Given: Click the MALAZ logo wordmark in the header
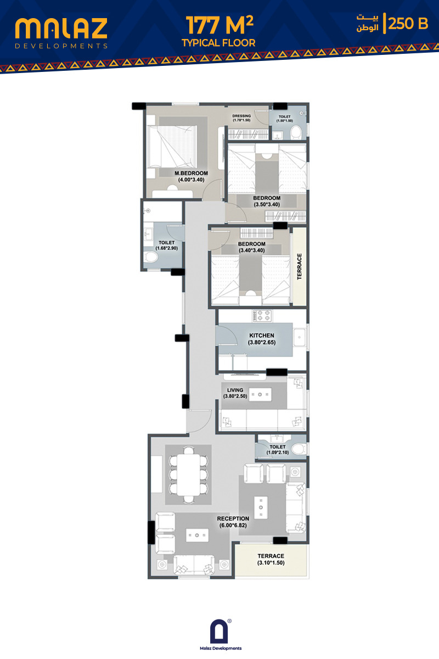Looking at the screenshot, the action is point(61,29).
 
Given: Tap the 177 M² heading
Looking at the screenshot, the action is point(219,25).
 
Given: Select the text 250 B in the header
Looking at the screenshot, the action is point(408,24).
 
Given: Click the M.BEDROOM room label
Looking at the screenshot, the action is point(191,174).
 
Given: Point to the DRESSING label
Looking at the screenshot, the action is point(241,116).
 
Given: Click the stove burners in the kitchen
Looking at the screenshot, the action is point(262,315).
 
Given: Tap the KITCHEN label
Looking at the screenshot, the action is point(262,336).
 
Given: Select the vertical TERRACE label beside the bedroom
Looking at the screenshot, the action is point(299,266).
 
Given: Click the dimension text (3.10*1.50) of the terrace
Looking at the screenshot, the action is point(271,563).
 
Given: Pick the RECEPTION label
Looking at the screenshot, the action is point(233,518).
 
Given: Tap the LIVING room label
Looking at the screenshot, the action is point(235,390).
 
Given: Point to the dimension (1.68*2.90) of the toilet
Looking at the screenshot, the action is point(166,248).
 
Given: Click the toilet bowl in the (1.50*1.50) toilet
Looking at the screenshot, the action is point(296,132).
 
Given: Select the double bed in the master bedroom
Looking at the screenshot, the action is point(172,147).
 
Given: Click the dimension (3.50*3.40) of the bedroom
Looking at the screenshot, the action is point(267,204).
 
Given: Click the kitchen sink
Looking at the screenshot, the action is point(299,337).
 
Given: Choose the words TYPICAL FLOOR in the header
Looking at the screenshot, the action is point(218,43).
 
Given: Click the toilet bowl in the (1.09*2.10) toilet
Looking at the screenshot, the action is point(299,449).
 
